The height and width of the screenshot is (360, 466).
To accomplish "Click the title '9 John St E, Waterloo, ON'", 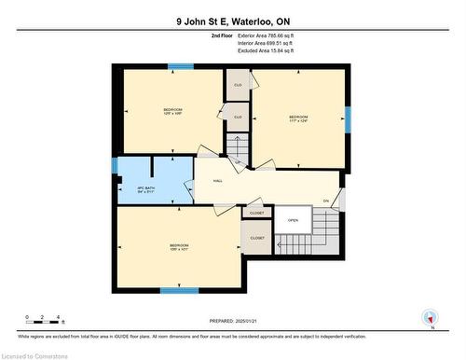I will pos(232,21).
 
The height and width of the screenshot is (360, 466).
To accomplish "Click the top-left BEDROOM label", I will pos(172,110).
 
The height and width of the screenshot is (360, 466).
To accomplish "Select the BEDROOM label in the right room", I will pos(298,117).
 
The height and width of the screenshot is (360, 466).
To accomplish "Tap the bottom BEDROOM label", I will pos(179,246).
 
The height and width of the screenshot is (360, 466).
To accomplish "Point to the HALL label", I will pos(217,181).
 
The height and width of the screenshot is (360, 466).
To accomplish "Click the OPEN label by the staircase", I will pos(292,220).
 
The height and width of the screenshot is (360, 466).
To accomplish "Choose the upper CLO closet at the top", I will pos(238,84).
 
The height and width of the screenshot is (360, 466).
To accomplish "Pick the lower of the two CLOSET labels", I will pos(257,238).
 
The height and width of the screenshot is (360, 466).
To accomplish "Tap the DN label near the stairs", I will pos(326,202).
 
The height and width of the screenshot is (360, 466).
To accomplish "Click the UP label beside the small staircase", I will pos(238,163).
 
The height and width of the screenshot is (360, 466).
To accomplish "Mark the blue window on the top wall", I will pos(181,66).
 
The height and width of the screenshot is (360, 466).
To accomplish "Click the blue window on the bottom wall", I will pos(179,290).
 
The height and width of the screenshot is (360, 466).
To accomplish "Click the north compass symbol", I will pos(429,317).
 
